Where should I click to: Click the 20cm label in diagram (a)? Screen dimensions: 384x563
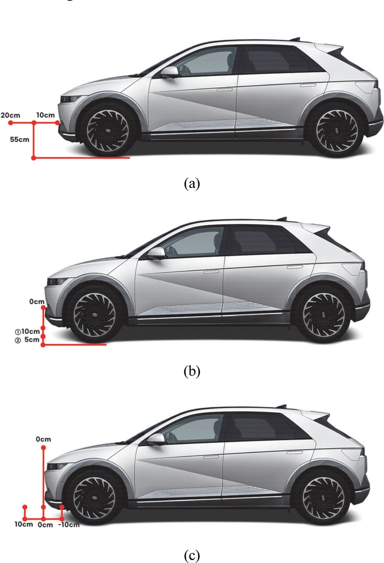[11, 115]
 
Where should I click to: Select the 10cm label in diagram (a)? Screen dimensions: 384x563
[46, 115]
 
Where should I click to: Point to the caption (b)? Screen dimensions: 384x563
[192, 371]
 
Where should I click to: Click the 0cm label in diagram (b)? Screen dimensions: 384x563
[36, 302]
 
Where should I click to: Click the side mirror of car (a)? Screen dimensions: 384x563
[169, 72]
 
